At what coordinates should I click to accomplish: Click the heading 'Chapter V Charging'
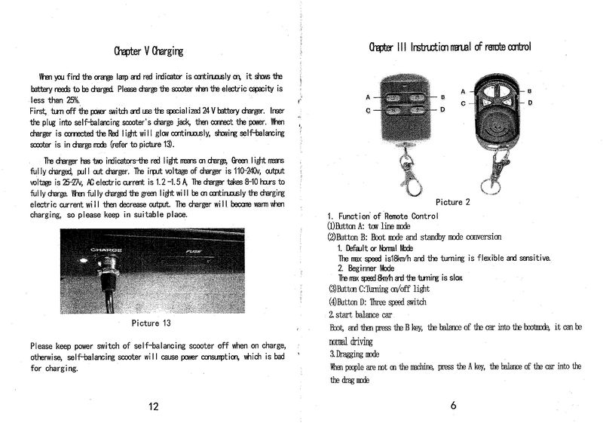click(x=148, y=51)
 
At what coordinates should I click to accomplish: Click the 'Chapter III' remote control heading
click(x=450, y=48)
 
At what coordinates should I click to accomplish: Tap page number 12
click(x=154, y=407)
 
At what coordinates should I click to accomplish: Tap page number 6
click(x=453, y=406)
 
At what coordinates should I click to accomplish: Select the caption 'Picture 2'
click(x=452, y=202)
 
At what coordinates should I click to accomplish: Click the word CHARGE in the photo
click(x=107, y=250)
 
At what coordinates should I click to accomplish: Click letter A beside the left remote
click(x=369, y=97)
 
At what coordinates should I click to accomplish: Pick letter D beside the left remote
click(x=443, y=110)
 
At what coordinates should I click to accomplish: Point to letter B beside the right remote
click(x=530, y=90)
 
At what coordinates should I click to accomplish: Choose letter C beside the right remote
click(x=462, y=103)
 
